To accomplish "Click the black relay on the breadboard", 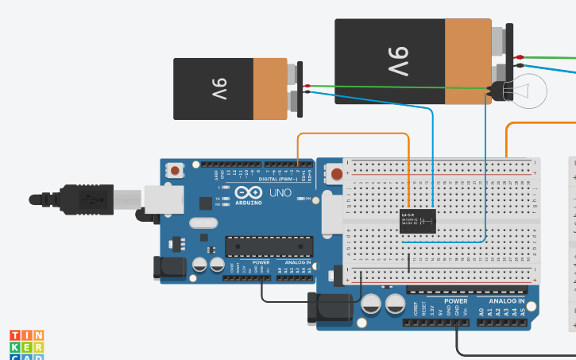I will tap(417, 220).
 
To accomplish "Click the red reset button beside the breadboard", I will tap(338, 173).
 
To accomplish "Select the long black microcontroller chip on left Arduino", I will tap(269, 247).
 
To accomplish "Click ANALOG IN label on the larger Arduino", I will tap(506, 302).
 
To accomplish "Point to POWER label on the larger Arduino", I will tap(455, 302).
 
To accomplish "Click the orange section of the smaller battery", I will tap(270, 88).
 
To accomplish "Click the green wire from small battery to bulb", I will tap(397, 87).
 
